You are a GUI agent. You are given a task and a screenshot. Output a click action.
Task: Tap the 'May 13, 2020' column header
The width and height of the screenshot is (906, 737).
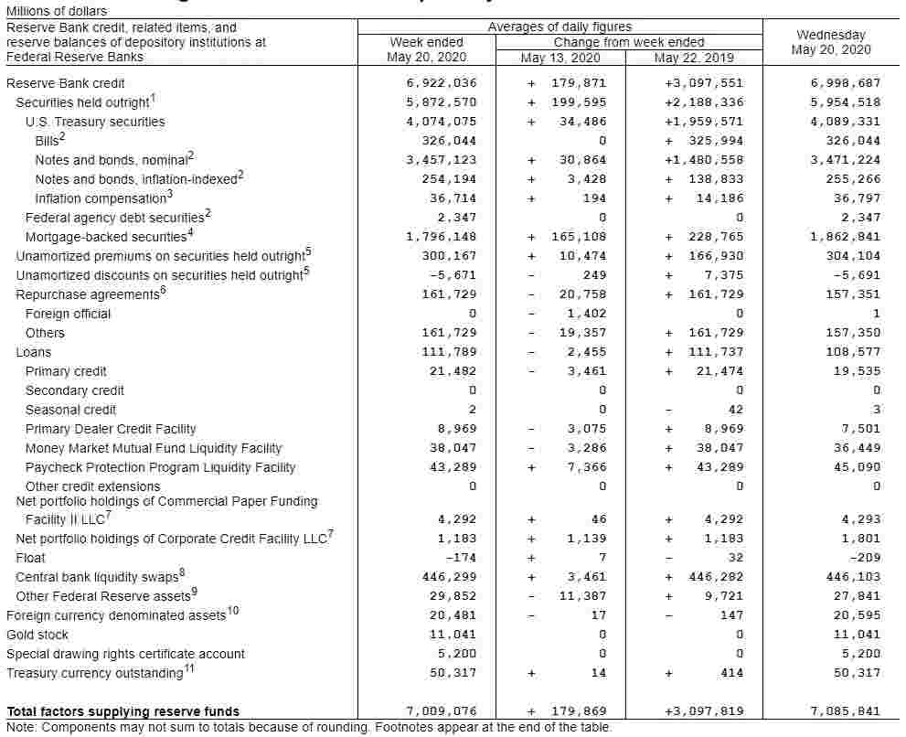[560, 58]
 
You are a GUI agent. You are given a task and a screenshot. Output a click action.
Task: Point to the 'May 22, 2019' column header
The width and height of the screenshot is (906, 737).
[693, 58]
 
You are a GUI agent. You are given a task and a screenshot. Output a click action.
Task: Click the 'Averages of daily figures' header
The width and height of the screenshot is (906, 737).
[560, 27]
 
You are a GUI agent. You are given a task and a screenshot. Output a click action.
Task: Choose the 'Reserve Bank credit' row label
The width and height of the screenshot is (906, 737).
[66, 83]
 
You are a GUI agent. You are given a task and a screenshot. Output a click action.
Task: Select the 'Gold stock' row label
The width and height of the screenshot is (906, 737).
[37, 635]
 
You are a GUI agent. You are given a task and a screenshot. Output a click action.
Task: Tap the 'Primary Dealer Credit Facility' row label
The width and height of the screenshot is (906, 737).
[111, 429]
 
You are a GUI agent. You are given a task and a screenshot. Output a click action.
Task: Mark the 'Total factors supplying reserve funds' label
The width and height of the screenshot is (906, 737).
[123, 711]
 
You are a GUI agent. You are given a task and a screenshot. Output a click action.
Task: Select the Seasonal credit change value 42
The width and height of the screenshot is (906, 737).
[736, 410]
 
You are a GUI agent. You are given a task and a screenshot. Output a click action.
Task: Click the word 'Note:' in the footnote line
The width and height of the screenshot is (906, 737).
[22, 728]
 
